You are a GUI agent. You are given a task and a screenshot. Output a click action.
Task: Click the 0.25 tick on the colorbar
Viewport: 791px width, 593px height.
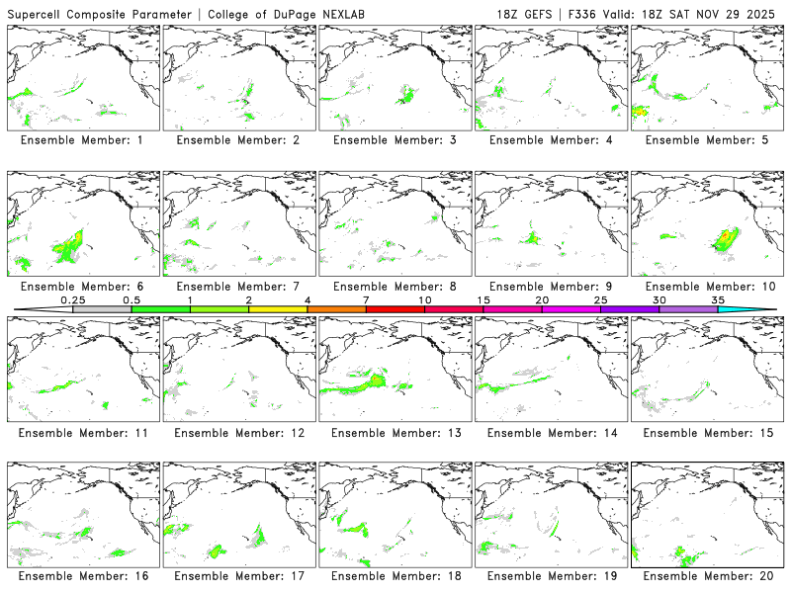coord(72,299)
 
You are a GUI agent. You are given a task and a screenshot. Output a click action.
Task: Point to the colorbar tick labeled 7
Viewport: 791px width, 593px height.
coord(366,299)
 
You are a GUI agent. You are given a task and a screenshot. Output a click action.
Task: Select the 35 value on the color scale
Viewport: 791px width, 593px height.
coord(718,299)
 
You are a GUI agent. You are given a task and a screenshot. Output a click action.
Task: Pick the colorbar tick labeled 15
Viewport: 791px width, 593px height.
coord(483,299)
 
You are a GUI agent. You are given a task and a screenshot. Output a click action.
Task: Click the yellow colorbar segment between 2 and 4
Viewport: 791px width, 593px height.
coord(278,309)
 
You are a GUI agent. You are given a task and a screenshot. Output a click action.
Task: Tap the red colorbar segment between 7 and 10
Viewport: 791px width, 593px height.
coord(395,309)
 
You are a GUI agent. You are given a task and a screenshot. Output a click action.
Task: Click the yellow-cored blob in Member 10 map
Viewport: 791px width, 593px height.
coord(727,238)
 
